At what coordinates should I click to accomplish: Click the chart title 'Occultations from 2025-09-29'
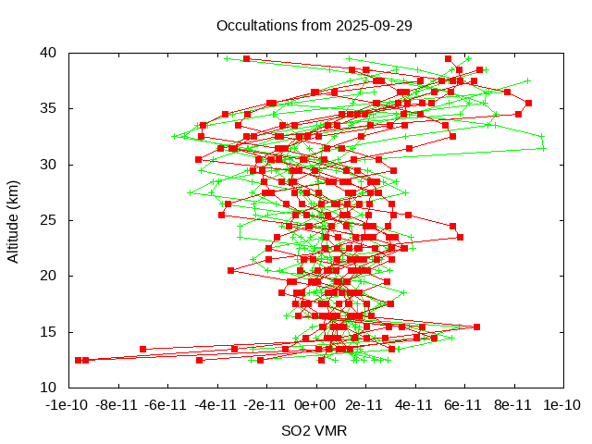pyautogui.click(x=314, y=25)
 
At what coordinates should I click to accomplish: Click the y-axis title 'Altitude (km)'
pyautogui.click(x=14, y=220)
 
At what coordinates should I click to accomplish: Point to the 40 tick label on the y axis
pyautogui.click(x=49, y=53)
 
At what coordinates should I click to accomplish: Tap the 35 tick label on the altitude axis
pyautogui.click(x=49, y=108)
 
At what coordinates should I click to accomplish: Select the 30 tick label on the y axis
pyautogui.click(x=49, y=165)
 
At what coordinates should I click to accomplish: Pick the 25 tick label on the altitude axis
pyautogui.click(x=49, y=220)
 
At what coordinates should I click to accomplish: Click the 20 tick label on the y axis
pyautogui.click(x=49, y=276)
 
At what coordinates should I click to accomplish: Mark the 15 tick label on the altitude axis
pyautogui.click(x=49, y=331)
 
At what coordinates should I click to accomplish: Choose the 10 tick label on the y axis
pyautogui.click(x=49, y=387)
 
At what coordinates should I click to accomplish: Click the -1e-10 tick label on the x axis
pyautogui.click(x=68, y=404)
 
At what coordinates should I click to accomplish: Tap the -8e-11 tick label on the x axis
pyautogui.click(x=117, y=404)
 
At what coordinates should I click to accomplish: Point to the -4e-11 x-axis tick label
pyautogui.click(x=216, y=404)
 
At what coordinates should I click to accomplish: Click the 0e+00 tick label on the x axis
pyautogui.click(x=314, y=404)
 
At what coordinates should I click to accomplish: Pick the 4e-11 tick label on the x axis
pyautogui.click(x=413, y=404)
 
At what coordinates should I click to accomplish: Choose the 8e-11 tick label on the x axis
pyautogui.click(x=512, y=404)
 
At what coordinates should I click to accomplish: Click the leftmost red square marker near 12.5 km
pyautogui.click(x=78, y=360)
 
